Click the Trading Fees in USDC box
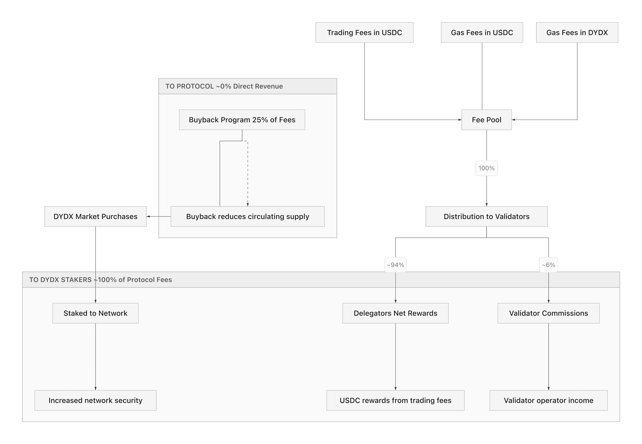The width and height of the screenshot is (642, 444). [364, 33]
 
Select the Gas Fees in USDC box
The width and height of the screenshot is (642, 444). [482, 33]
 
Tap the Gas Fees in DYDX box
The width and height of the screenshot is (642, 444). [577, 33]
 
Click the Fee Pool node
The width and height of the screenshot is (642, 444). [486, 120]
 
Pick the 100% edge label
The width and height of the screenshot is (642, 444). [486, 168]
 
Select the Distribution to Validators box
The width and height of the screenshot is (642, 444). [486, 217]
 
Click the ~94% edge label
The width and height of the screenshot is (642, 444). [395, 265]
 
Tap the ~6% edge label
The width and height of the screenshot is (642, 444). [548, 265]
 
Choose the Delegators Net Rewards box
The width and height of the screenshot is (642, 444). [395, 313]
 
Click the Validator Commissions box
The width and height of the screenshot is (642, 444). [548, 313]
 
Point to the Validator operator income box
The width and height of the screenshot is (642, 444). [548, 400]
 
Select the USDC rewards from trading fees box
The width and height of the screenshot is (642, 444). [395, 400]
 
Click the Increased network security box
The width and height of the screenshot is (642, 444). [95, 400]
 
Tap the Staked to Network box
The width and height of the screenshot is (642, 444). [95, 313]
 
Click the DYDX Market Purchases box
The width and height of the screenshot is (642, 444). [95, 217]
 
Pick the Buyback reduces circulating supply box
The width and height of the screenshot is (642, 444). [248, 217]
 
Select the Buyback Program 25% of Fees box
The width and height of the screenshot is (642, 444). [242, 120]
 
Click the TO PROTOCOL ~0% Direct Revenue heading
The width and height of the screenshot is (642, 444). [224, 86]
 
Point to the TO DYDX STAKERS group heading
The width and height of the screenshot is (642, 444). [100, 280]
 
